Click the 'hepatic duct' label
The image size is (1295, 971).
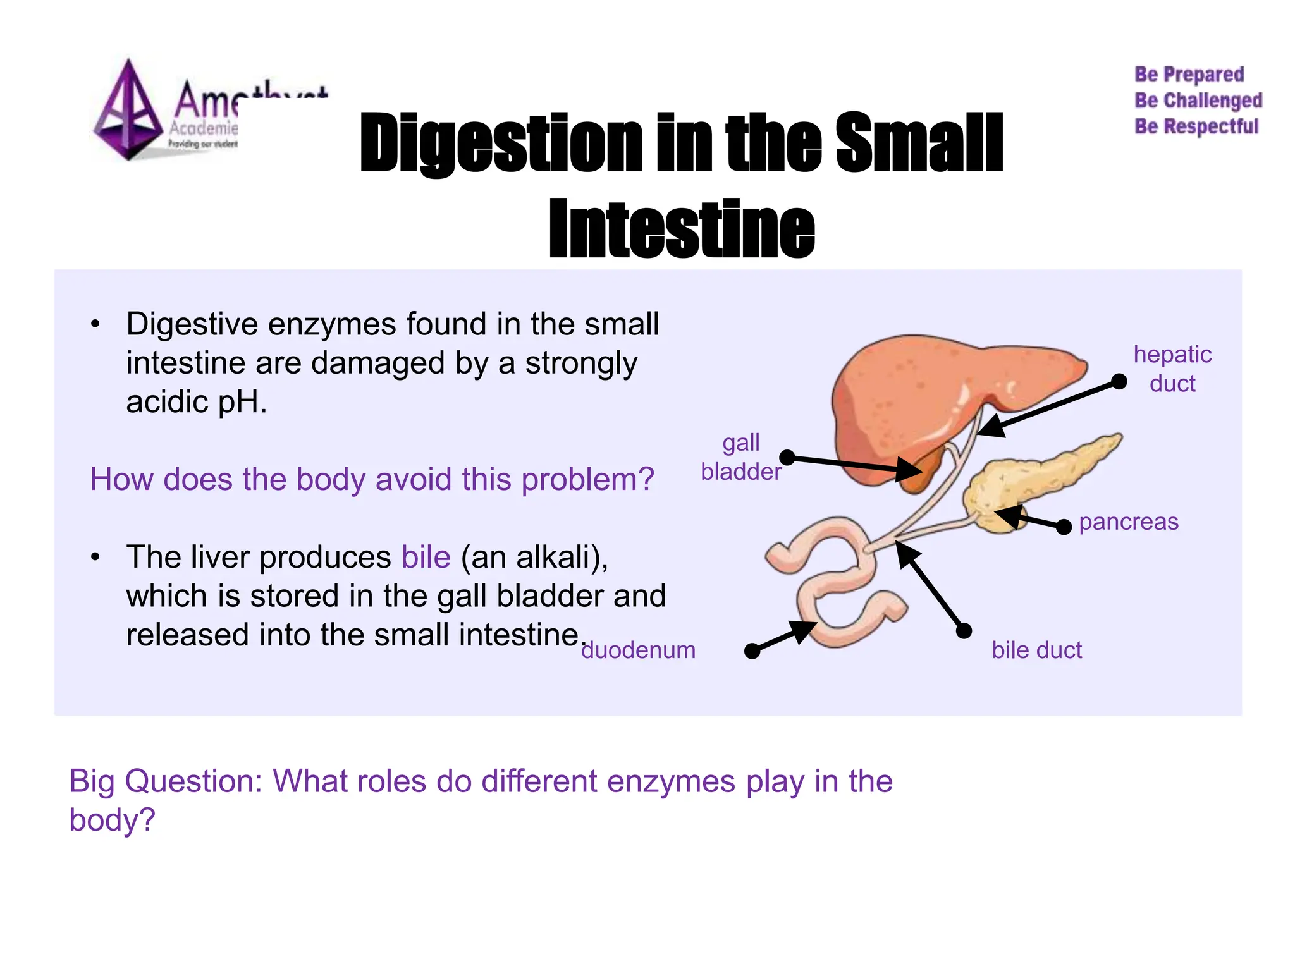click(x=1172, y=369)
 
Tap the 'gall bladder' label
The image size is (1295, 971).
click(x=740, y=457)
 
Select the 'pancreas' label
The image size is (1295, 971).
click(x=1128, y=522)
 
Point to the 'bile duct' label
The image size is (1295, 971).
click(x=1036, y=650)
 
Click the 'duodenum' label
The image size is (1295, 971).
click(x=638, y=650)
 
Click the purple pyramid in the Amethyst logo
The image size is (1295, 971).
click(x=128, y=111)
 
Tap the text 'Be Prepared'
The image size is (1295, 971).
click(x=1189, y=75)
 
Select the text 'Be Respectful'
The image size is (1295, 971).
click(x=1196, y=126)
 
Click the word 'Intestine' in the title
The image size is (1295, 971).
click(x=681, y=229)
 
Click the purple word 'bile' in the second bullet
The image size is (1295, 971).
click(x=426, y=557)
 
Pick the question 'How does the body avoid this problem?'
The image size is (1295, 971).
click(x=372, y=479)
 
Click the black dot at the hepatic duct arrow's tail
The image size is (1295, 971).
click(x=1119, y=381)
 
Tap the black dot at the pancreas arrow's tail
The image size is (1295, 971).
click(x=1064, y=526)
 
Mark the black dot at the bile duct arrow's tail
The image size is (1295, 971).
click(x=963, y=630)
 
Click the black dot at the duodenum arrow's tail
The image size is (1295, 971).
click(x=752, y=650)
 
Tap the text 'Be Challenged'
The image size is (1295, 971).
click(x=1198, y=101)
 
